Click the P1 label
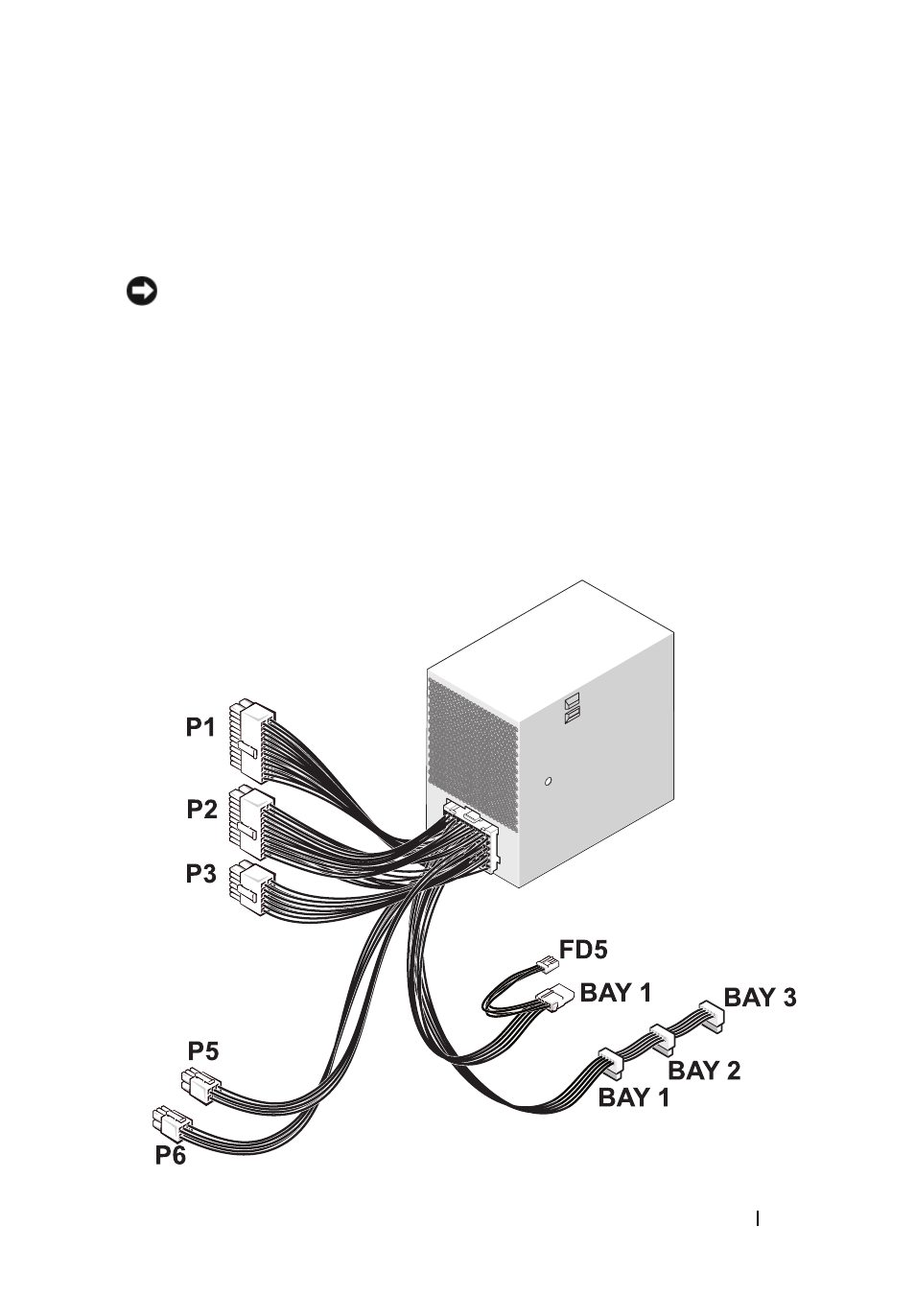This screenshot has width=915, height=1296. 200,727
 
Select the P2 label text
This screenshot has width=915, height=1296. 201,809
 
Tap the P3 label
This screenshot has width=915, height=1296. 201,873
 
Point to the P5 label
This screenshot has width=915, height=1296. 203,1050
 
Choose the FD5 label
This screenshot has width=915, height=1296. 583,949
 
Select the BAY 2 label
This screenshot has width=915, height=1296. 704,1070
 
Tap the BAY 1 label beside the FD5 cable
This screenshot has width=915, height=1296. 616,992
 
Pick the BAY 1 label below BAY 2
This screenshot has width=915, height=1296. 633,1096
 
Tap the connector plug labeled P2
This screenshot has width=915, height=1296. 251,822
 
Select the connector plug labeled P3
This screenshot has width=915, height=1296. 250,888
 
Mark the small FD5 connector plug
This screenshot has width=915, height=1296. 547,965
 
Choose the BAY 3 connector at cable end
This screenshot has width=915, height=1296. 712,1017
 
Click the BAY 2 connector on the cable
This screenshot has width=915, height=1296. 662,1039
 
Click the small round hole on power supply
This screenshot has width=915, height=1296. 548,781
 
